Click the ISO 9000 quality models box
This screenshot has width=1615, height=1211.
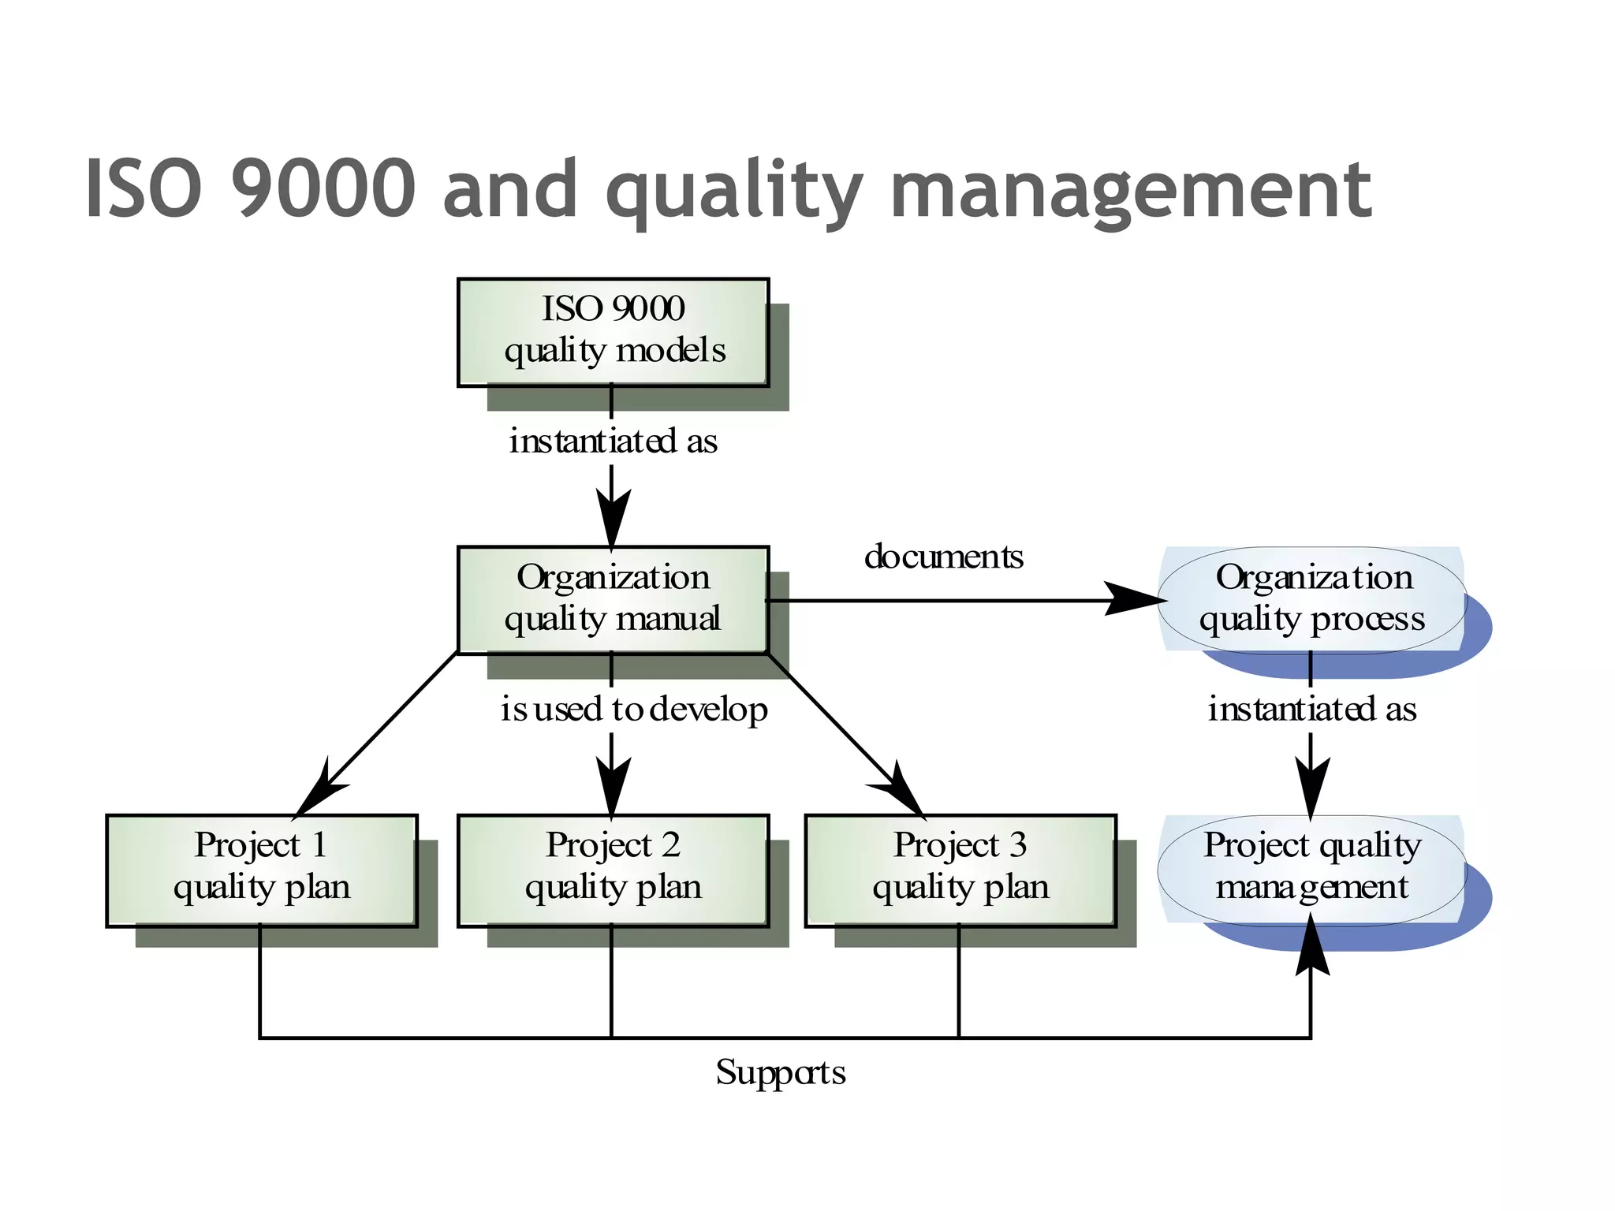(613, 332)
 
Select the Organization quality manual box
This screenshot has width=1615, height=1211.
(613, 600)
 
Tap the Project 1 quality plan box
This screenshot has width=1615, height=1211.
(261, 870)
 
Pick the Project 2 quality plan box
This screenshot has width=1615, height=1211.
(613, 870)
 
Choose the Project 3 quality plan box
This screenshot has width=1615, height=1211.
(960, 870)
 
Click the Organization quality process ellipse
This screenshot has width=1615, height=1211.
(1311, 600)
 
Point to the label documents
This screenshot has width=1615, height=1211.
(943, 557)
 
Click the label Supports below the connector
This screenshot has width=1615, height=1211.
(780, 1072)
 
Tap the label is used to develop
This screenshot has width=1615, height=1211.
(633, 709)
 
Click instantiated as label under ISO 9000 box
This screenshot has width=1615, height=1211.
(613, 441)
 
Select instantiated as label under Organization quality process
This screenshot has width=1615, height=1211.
(1311, 709)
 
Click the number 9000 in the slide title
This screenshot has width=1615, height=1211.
(323, 189)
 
